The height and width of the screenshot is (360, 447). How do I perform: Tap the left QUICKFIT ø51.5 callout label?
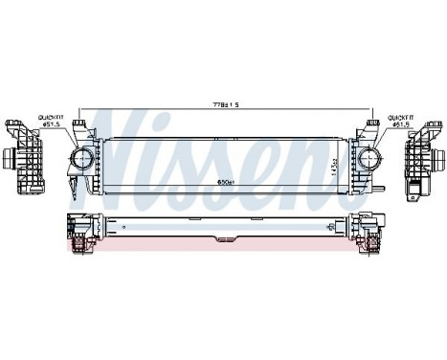tap(51, 121)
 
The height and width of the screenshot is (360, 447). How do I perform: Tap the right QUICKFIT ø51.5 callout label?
tap(402, 121)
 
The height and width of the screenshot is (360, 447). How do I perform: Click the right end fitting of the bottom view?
tap(369, 231)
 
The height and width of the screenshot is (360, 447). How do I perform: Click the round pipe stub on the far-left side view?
tap(11, 157)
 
